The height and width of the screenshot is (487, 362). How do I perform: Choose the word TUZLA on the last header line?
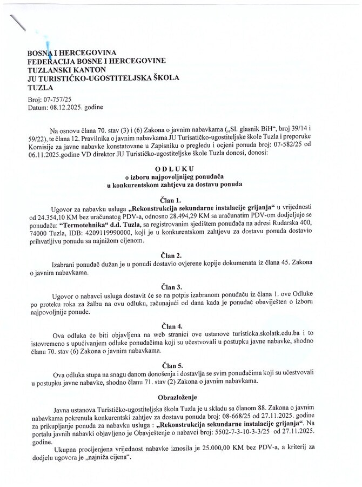[41, 87]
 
